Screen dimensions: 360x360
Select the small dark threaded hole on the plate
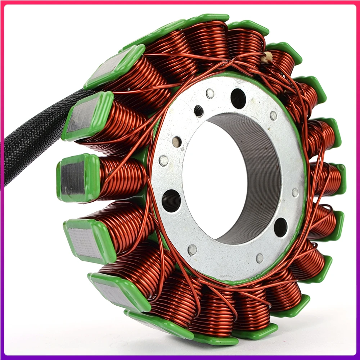tap(198, 111)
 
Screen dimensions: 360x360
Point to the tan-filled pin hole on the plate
tap(177, 142)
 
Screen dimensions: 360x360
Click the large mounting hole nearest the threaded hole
tap(238, 98)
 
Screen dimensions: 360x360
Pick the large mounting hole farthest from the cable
tap(280, 227)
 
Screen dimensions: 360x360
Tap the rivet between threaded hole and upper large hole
tap(210, 94)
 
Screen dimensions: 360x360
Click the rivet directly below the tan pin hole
tap(164, 161)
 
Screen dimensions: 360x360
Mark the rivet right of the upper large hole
tap(273, 115)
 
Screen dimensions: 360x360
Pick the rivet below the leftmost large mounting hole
tap(192, 249)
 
